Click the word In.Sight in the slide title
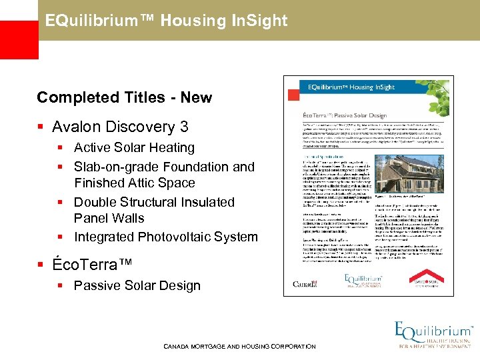(260, 21)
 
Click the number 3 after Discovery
(184, 127)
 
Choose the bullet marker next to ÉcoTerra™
(42, 265)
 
